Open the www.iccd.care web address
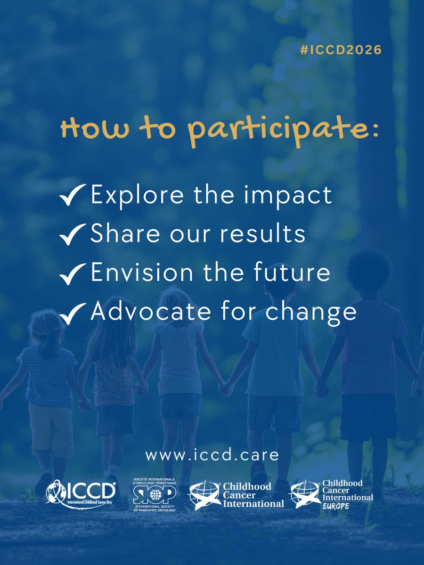212,455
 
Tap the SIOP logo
155,493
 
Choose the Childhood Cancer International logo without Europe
236,495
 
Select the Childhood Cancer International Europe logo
332,494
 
